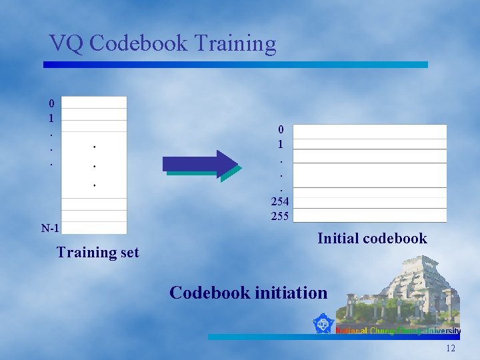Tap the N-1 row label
coord(50,229)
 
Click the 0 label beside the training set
coord(51,103)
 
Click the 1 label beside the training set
coord(51,119)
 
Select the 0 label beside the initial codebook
coord(281,129)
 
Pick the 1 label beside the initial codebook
coord(281,143)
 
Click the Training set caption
coord(98,252)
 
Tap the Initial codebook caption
coord(372,239)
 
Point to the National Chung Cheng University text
coord(398,331)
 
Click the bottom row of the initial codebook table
coord(369,215)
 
